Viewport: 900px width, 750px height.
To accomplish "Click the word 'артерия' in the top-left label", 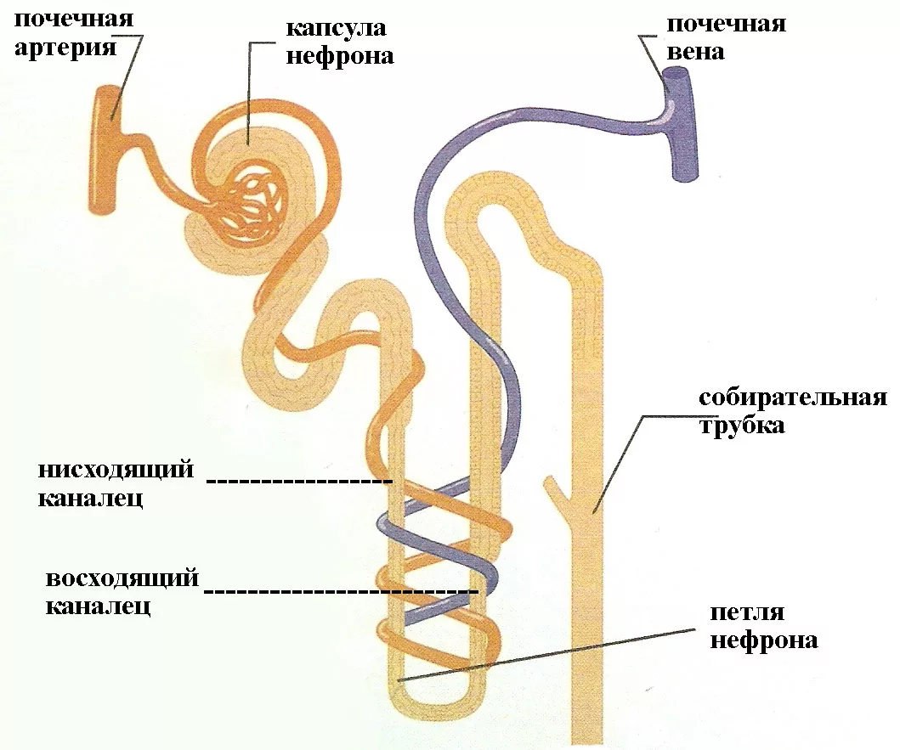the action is [x=65, y=48].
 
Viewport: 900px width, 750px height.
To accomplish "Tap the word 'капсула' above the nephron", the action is [x=336, y=29].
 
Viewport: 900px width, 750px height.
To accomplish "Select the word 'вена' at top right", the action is [x=695, y=52].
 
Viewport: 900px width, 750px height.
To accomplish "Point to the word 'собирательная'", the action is [x=793, y=398].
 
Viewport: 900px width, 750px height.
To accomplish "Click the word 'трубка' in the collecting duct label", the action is [x=741, y=426].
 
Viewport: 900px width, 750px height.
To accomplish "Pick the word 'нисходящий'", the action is [x=116, y=470].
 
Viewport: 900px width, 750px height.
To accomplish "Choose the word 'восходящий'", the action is [x=122, y=578].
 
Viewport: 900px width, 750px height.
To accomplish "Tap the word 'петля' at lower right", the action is [x=747, y=613].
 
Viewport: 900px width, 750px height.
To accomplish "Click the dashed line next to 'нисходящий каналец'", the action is [x=299, y=481].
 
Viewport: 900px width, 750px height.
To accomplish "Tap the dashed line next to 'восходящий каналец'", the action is [x=342, y=590].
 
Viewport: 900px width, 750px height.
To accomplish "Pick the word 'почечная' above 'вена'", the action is [x=726, y=25].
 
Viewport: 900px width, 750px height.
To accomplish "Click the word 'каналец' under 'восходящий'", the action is [x=98, y=606].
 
